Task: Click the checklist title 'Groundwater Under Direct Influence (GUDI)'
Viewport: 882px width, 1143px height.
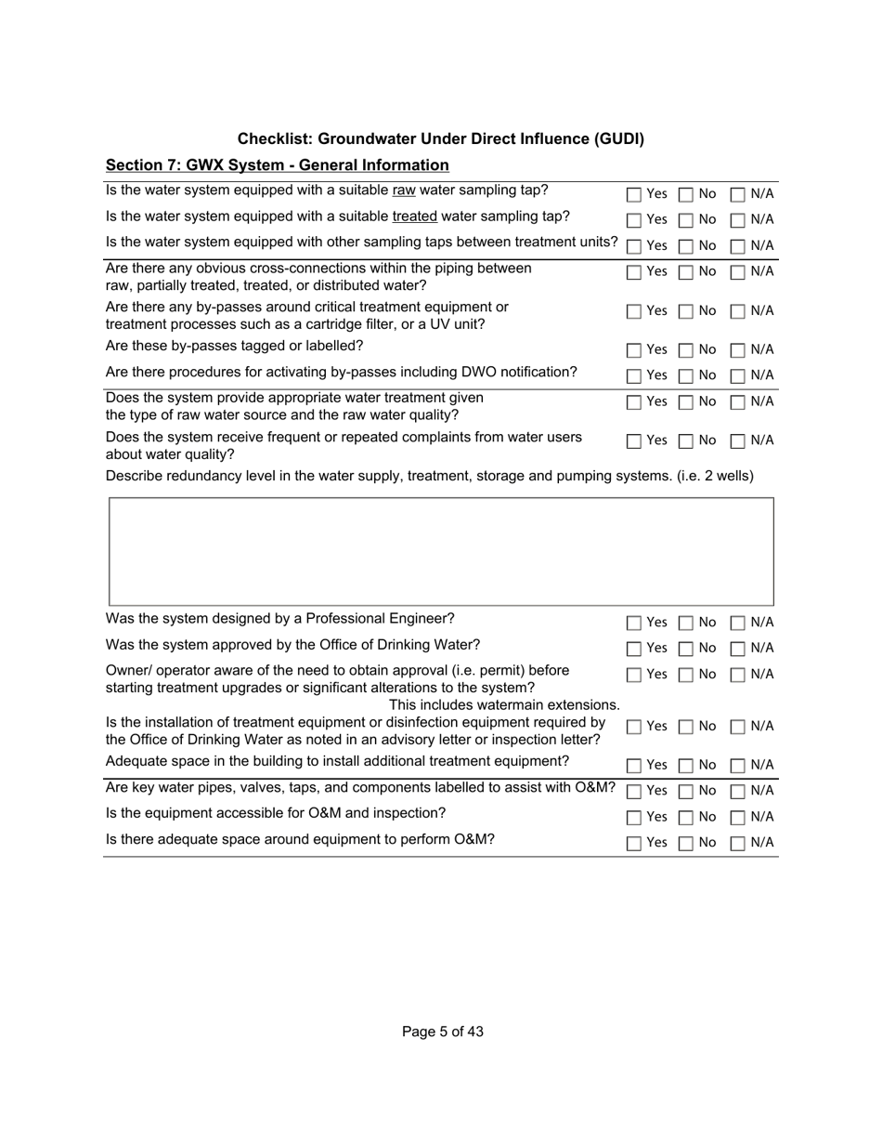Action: point(440,138)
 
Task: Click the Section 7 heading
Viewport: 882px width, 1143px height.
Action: point(277,165)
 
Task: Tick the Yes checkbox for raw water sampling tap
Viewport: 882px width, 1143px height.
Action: point(634,195)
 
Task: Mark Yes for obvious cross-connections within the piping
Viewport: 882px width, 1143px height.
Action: point(634,273)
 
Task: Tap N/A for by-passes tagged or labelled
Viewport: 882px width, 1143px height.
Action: point(738,351)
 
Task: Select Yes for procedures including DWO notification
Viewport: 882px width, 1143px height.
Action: point(634,376)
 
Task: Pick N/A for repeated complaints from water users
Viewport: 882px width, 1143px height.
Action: point(738,441)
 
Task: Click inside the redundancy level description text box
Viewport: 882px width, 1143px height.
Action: point(441,551)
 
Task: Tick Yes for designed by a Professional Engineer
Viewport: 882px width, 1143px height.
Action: point(634,624)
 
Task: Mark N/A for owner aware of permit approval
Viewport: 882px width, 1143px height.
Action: point(738,675)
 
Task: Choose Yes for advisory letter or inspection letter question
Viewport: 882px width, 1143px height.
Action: point(634,727)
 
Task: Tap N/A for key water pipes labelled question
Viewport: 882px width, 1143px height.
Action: point(738,792)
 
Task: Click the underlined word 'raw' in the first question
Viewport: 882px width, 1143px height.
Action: point(404,190)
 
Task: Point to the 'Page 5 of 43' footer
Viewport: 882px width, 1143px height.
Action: point(442,1031)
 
